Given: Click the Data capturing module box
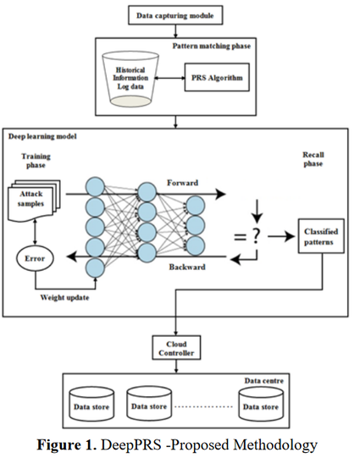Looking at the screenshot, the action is pos(175,15).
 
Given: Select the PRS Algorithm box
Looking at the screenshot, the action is pos(217,77).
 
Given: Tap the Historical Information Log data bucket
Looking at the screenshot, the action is pos(130,79).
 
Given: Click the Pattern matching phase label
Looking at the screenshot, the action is pos(211,46).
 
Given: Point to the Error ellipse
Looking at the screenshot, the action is pos(35,258).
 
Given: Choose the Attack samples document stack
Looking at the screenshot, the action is pos(34,201).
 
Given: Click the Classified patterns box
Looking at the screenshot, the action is pos(321,236).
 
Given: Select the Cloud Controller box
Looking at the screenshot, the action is pos(176,348).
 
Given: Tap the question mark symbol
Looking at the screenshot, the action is pos(256,236).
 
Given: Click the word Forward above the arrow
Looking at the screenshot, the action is pos(182,183).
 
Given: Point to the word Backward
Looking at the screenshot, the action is pos(187,267).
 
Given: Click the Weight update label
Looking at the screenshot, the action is pos(64,298).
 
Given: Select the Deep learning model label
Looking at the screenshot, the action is pos(42,136).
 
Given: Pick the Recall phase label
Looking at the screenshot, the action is pos(313,159).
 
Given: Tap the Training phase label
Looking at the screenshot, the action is pos(36,161).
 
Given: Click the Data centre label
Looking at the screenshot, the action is pos(264,381).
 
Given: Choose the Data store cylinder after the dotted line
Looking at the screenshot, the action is pos(261,404).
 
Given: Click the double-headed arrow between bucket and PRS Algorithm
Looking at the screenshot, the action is pos(169,78).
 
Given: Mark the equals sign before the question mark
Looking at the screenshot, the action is pos(241,236).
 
